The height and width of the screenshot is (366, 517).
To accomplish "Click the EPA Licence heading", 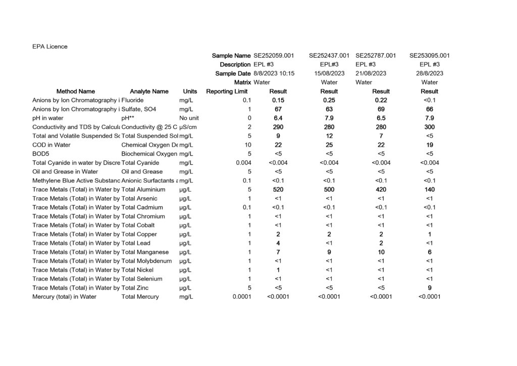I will [x=50, y=47].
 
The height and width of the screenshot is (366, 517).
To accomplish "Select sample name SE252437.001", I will [x=329, y=56].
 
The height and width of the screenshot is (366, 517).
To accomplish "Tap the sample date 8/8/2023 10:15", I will [x=274, y=73].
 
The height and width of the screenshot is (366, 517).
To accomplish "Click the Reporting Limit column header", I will [x=227, y=91].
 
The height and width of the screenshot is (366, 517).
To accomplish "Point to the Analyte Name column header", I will [x=149, y=91].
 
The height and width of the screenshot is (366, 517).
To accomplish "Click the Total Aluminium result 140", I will [x=430, y=190].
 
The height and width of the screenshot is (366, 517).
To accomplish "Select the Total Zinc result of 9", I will [x=430, y=288].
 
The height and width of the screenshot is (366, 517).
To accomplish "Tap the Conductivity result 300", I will [x=430, y=127].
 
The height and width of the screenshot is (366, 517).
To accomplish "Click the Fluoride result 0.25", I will [x=329, y=100].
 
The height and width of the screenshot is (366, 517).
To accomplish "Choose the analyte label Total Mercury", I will [x=140, y=297].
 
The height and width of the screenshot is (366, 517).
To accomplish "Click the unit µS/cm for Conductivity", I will [x=188, y=127].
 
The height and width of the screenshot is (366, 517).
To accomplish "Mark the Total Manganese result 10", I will [x=381, y=252].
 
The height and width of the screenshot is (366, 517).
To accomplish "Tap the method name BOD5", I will [x=40, y=154].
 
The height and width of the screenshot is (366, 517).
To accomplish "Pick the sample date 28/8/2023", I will [x=430, y=73].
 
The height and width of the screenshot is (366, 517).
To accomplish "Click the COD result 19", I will [x=430, y=145].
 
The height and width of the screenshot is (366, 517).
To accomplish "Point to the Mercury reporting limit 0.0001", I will [x=241, y=297].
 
